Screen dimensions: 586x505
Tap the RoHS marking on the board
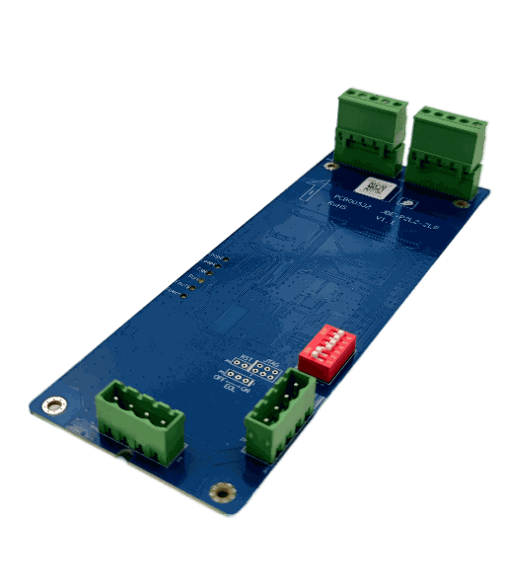(x=338, y=206)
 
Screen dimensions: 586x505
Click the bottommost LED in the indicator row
(x=187, y=292)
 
